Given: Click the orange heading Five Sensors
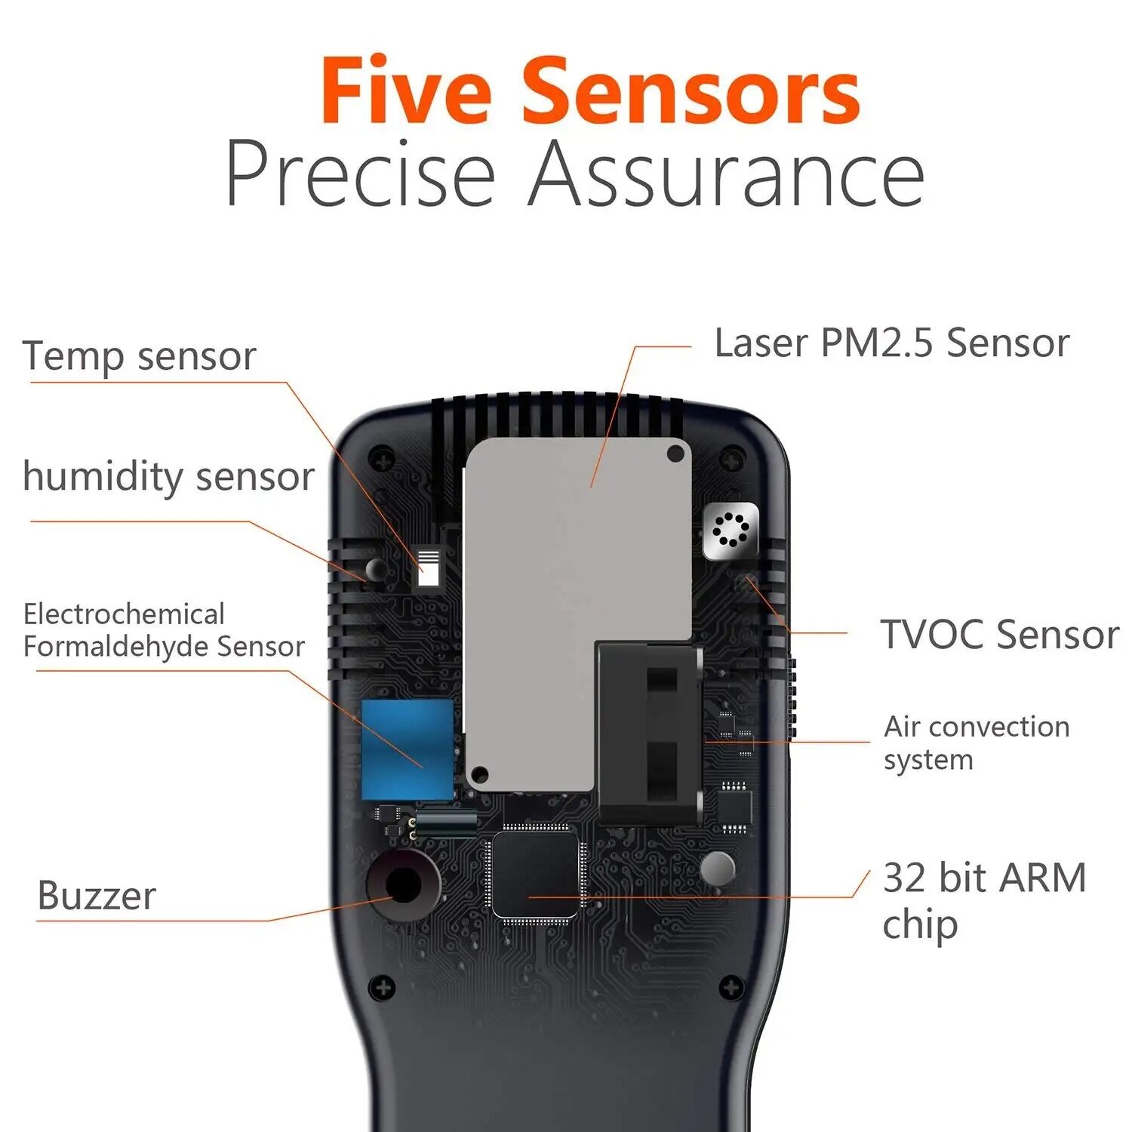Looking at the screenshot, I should (x=590, y=91).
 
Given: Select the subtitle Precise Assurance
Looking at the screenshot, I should (x=574, y=174).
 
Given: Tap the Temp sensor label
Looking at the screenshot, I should (x=140, y=356).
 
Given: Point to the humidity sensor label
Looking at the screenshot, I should (x=168, y=477).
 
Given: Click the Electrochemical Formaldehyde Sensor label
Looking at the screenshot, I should (x=164, y=630).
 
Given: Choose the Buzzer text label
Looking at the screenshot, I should (x=97, y=896).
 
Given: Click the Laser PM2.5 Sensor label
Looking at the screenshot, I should (x=891, y=343).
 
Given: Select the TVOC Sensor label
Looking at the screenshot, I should (x=998, y=634).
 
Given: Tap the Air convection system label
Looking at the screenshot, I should (x=976, y=743).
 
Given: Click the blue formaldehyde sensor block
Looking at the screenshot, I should (x=408, y=749).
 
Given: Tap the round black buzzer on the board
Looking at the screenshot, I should (x=403, y=884).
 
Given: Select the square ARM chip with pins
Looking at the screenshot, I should (x=535, y=875).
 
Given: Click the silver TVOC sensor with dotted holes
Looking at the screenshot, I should (x=730, y=531).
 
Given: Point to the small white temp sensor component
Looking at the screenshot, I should (x=428, y=568).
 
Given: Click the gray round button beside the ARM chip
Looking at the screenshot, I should (x=717, y=869).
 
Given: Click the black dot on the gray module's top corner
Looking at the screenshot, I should (x=675, y=454).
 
